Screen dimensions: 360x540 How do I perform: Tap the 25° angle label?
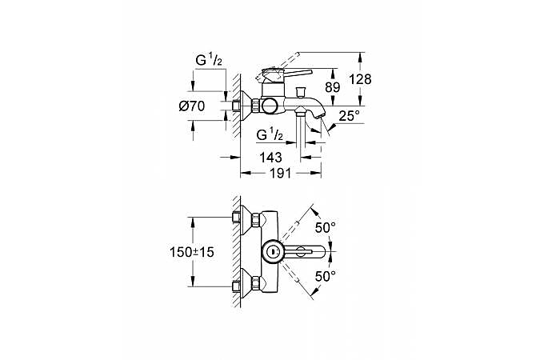[350, 117]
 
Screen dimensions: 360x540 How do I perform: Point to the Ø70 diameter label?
[192, 106]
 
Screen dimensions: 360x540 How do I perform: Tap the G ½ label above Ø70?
[210, 60]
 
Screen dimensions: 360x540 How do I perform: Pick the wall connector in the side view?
[242, 104]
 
